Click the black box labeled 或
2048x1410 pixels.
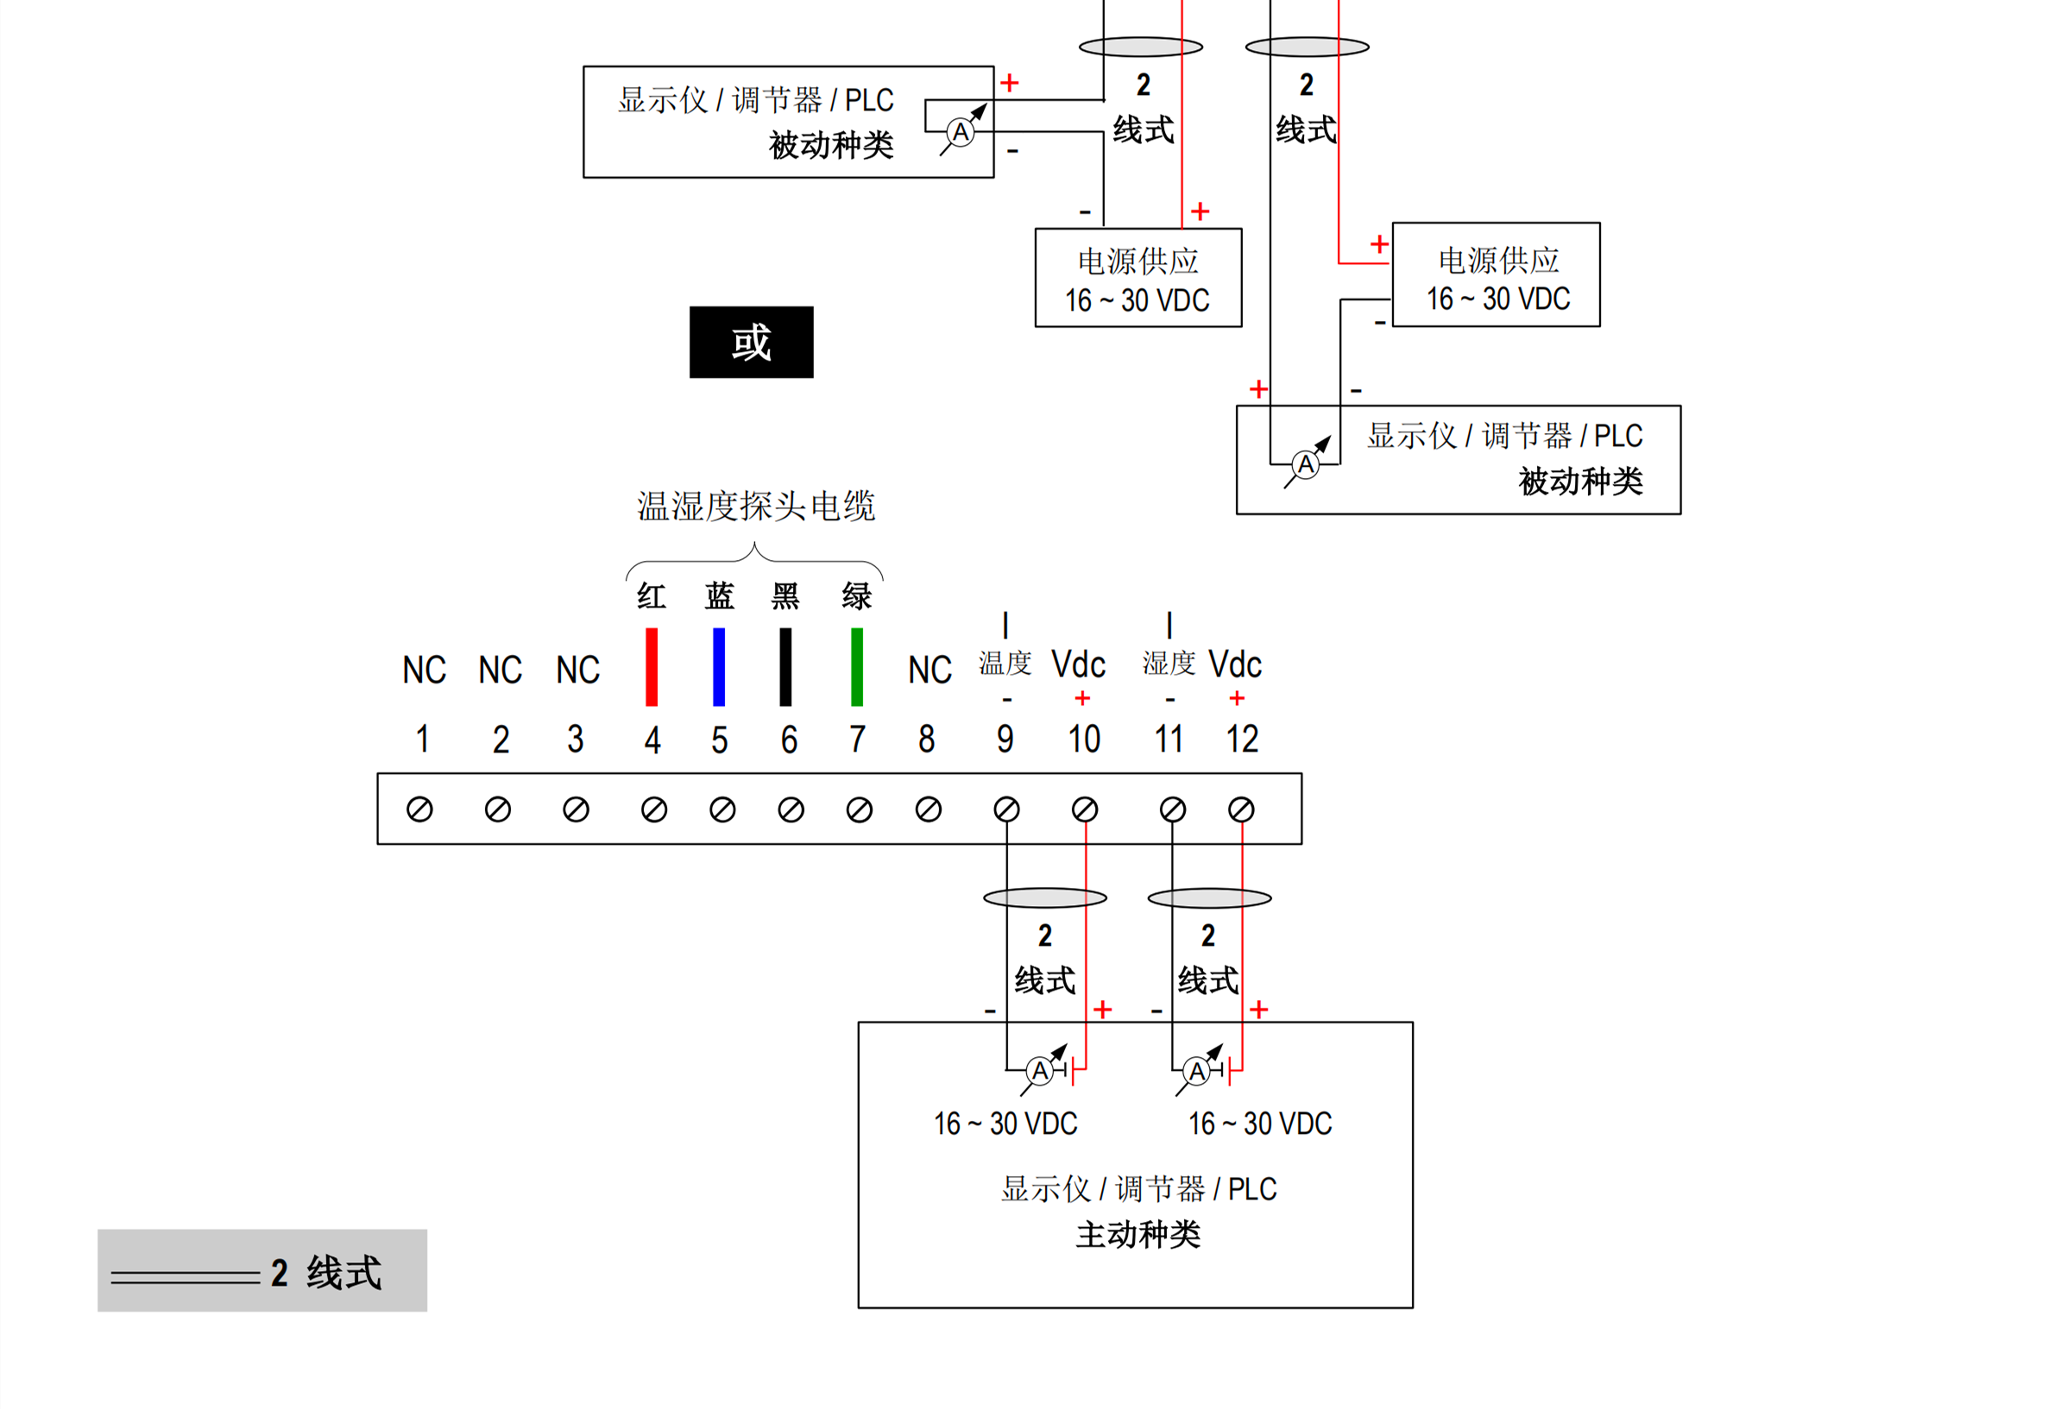[x=751, y=342]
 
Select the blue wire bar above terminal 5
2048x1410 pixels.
[x=719, y=666]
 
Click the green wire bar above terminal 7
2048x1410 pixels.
[x=856, y=666]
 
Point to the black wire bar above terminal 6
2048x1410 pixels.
[x=785, y=666]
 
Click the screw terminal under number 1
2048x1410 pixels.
[x=419, y=809]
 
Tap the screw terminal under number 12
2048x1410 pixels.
[x=1241, y=809]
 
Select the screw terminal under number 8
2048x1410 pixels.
[x=928, y=809]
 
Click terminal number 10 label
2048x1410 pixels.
[x=1084, y=740]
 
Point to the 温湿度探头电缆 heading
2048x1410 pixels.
[x=755, y=507]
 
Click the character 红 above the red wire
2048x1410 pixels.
[x=651, y=596]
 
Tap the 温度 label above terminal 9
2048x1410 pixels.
[x=1005, y=663]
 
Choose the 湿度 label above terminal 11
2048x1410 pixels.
[x=1168, y=663]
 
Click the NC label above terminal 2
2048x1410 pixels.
[x=500, y=670]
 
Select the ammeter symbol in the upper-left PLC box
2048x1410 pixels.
[x=961, y=133]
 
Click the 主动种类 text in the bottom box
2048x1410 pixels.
[x=1138, y=1234]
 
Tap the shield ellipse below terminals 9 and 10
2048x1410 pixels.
[x=1045, y=898]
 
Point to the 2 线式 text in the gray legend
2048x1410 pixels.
[x=326, y=1273]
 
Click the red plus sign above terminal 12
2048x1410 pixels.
[x=1237, y=699]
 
